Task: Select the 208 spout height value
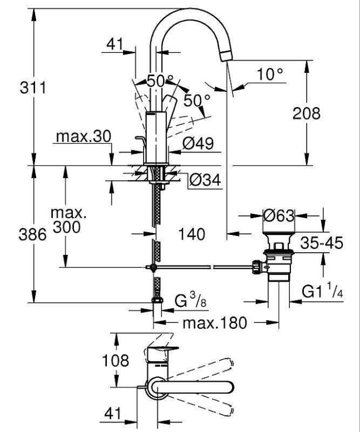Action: (x=307, y=113)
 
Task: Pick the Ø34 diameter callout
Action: (x=204, y=180)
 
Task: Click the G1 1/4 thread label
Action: (x=325, y=290)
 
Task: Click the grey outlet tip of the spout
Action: (x=226, y=53)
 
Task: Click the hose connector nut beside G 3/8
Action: (x=157, y=304)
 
